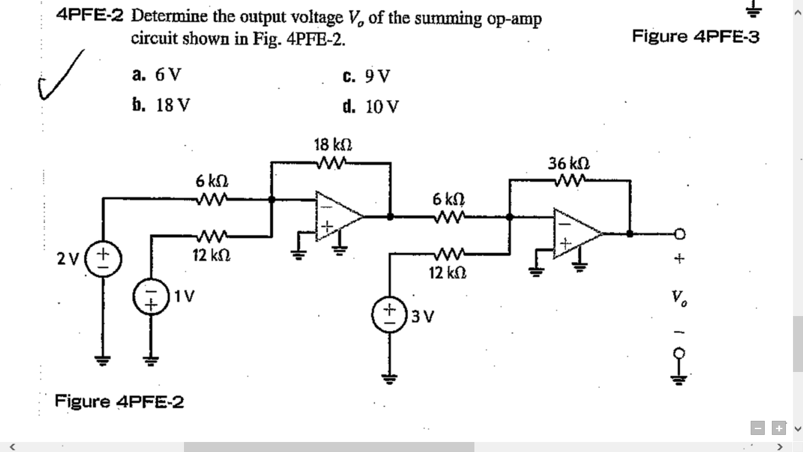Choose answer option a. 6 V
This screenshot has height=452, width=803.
pyautogui.click(x=157, y=75)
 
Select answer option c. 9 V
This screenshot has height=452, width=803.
pyautogui.click(x=366, y=77)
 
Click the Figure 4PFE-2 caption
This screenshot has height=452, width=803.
pyautogui.click(x=119, y=402)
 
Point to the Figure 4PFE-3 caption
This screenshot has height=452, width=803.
pyautogui.click(x=696, y=36)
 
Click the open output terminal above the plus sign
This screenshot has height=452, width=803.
pyautogui.click(x=680, y=234)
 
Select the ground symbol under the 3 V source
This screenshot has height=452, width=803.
pyautogui.click(x=389, y=377)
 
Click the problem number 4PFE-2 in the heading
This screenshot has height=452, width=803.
pyautogui.click(x=90, y=16)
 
